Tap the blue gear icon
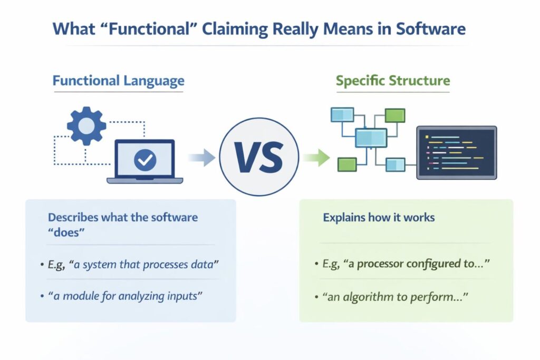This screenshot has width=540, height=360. (x=86, y=126)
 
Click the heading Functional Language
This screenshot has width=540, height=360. (x=118, y=81)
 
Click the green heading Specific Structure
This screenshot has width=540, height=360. (x=393, y=81)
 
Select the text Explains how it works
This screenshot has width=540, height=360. (x=379, y=217)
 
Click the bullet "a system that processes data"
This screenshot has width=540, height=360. (x=132, y=264)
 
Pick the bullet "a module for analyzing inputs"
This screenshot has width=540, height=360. (x=124, y=296)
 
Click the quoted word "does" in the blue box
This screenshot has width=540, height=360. (x=66, y=232)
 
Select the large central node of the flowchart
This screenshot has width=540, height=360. (x=371, y=138)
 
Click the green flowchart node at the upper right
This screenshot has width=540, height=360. (x=394, y=115)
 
